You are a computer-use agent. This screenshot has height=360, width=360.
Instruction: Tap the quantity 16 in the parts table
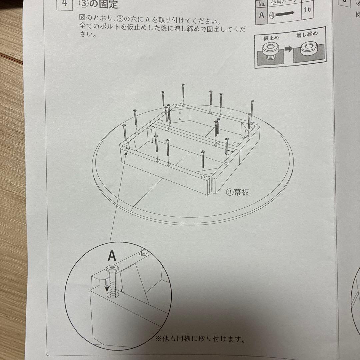(308, 9)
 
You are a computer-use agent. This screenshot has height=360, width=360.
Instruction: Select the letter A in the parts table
(262, 15)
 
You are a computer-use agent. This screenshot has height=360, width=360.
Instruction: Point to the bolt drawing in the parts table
(282, 15)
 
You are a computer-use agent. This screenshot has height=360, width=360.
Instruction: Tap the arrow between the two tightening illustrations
(289, 49)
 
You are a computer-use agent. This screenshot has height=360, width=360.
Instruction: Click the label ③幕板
(237, 192)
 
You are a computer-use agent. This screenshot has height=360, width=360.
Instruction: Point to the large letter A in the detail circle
(112, 256)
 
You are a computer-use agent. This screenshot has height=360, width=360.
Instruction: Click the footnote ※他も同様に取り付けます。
(200, 340)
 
